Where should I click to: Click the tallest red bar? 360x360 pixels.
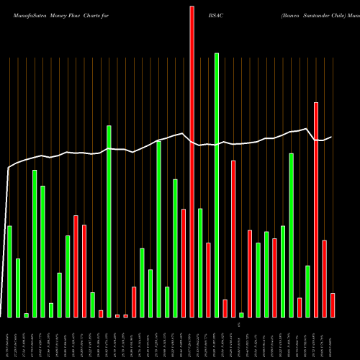tap(192, 161)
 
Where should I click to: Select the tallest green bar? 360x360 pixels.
tap(217, 184)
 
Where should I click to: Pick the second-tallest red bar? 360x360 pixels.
tap(316, 210)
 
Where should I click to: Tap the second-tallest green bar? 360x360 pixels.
tap(109, 221)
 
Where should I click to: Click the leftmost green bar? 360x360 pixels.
tap(9, 271)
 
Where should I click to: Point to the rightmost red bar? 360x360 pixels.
tap(333, 305)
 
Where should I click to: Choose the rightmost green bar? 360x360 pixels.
tap(307, 291)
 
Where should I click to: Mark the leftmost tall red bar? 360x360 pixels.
tap(76, 266)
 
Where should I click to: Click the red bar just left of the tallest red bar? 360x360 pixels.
tap(184, 263)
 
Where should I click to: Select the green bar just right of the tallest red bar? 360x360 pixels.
tap(200, 263)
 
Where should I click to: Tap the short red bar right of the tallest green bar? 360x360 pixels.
tap(225, 308)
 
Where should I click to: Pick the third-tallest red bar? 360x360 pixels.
tap(233, 238)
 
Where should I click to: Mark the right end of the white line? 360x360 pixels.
tap(332, 137)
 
